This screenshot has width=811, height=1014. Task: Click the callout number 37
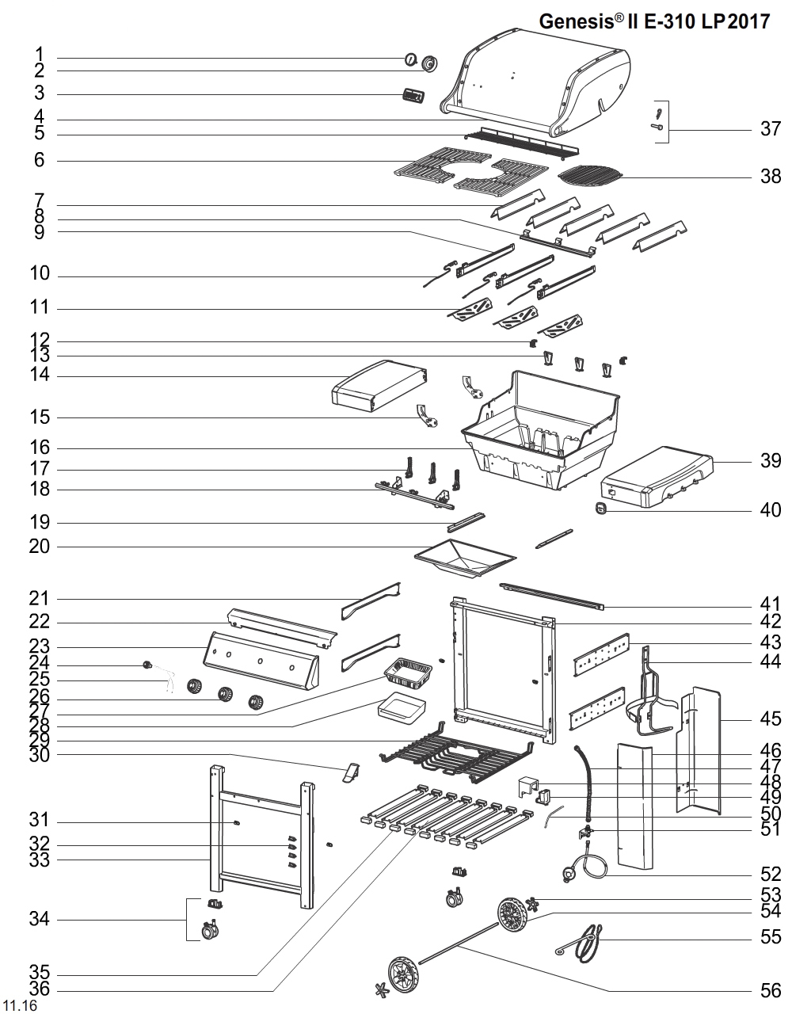click(x=770, y=128)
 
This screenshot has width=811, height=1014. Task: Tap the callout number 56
click(x=770, y=990)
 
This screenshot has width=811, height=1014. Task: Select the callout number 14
click(x=40, y=375)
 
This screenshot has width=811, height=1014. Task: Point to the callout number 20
click(x=40, y=547)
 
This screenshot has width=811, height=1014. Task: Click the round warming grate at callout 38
click(x=590, y=175)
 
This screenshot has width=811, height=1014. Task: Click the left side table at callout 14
click(x=379, y=386)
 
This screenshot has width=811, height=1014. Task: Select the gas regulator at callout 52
click(x=571, y=873)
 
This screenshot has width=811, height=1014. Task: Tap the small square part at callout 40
click(x=601, y=508)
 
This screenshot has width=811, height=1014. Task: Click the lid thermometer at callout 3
click(x=412, y=97)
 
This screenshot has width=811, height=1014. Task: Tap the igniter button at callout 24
click(x=146, y=664)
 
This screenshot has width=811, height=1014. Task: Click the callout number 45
click(x=770, y=719)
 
